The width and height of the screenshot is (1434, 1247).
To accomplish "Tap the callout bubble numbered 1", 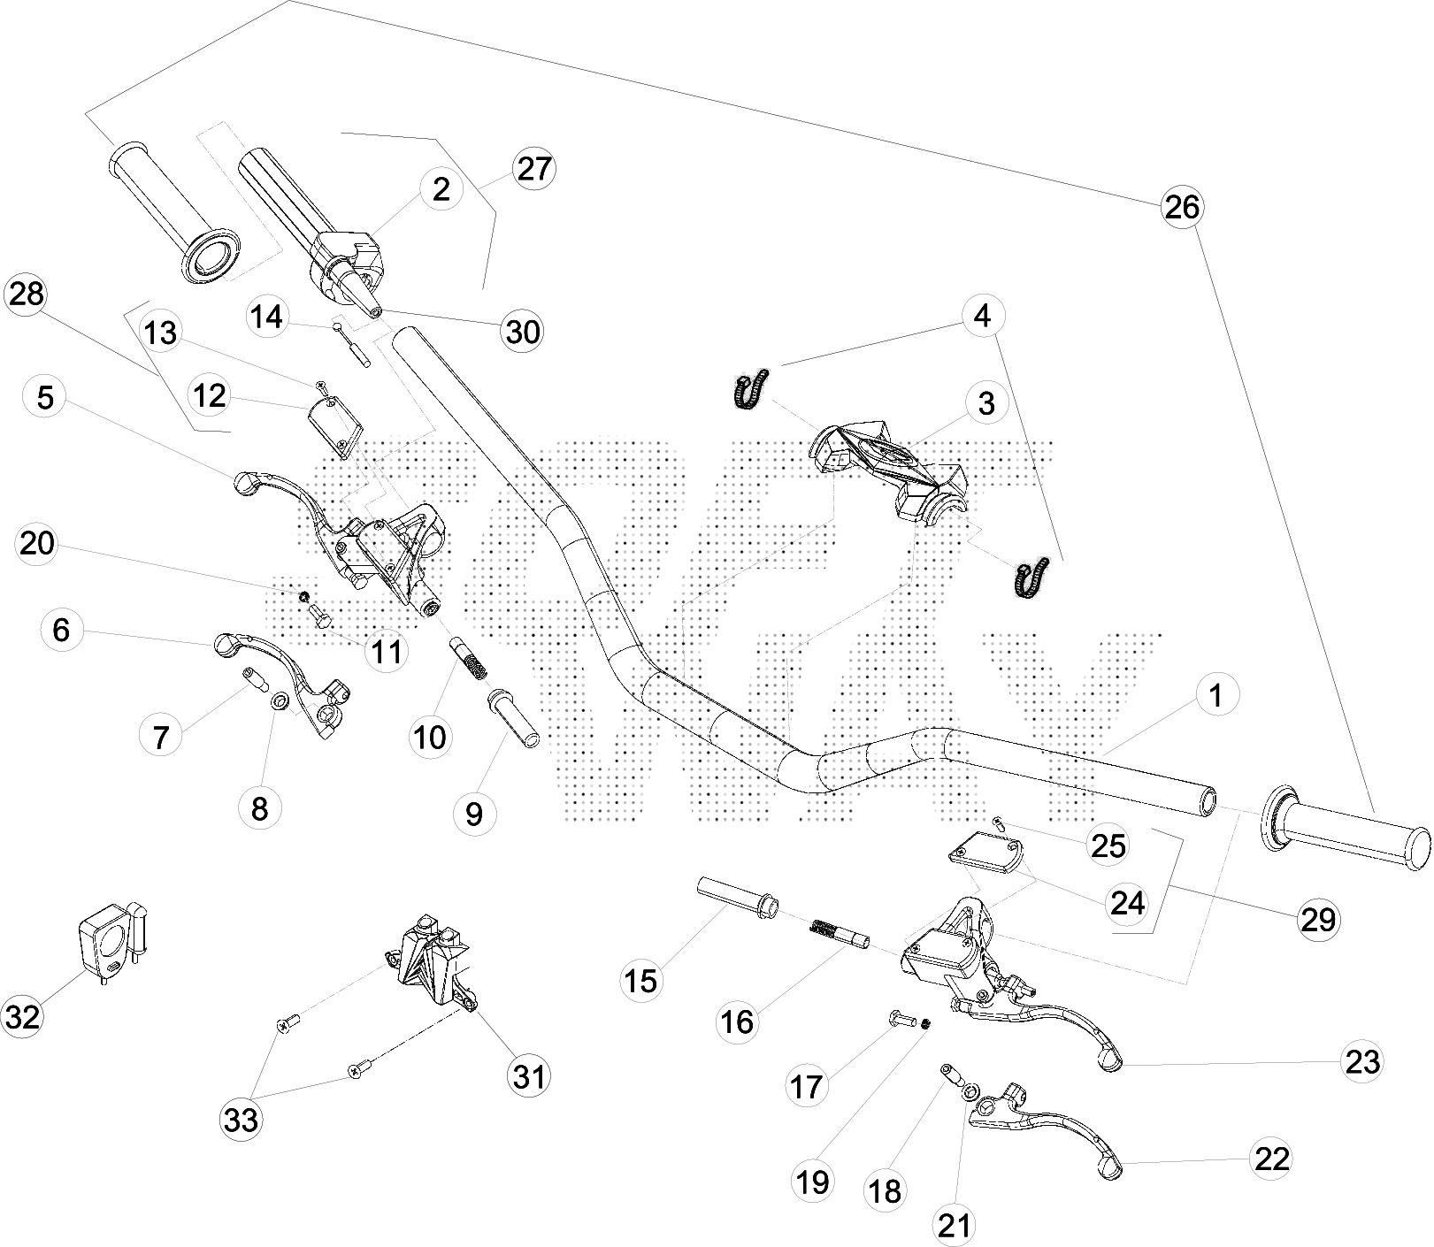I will [1216, 695].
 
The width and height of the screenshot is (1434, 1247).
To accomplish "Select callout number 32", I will [23, 1017].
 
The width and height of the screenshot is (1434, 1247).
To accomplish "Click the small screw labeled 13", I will [320, 386].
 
